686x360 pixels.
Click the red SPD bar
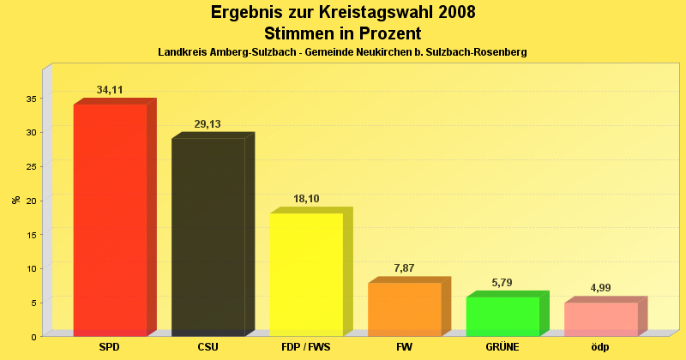point(110,219)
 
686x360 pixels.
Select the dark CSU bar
point(208,237)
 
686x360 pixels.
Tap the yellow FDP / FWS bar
point(306,274)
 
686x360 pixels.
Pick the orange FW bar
point(404,309)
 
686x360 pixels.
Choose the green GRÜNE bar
point(502,315)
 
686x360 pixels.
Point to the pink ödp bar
point(600,318)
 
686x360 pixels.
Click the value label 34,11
point(110,90)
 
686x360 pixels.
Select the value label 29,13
point(208,124)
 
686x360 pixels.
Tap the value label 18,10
point(306,199)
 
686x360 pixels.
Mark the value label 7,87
point(404,268)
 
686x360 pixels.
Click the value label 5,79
point(502,283)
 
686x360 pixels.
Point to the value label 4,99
point(600,288)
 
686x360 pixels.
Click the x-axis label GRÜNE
point(502,347)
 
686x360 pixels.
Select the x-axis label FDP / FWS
point(306,347)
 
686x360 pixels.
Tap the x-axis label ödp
point(600,347)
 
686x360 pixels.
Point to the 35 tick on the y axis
point(30,99)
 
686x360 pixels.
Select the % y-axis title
point(15,200)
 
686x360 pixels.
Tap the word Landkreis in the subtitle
point(182,52)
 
